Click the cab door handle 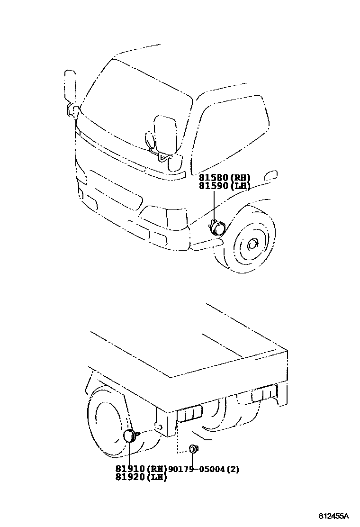(x=271, y=175)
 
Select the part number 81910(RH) (x=141, y=469)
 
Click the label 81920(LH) (x=141, y=477)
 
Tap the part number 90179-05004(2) (x=204, y=469)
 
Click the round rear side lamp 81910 (x=129, y=436)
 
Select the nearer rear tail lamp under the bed (x=189, y=413)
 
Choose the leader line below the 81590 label (x=214, y=206)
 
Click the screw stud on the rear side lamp (x=138, y=434)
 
